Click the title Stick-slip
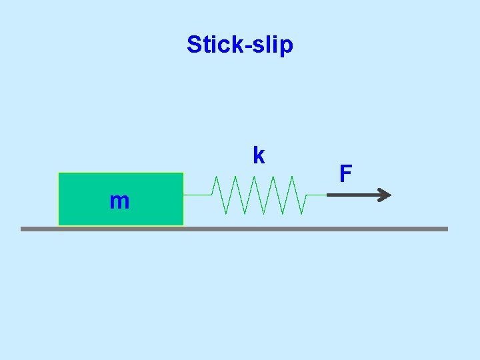[x=240, y=45]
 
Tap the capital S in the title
[x=194, y=45]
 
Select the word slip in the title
[x=273, y=45]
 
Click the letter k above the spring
[x=259, y=155]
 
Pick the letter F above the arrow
[x=345, y=174]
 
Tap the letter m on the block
[x=119, y=201]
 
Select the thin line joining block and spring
[x=197, y=195]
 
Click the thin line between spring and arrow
[x=316, y=195]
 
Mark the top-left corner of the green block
[x=59, y=173]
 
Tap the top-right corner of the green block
[x=183, y=173]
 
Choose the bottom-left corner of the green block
[x=59, y=225]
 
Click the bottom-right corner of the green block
[x=183, y=225]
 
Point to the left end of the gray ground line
[x=22, y=229]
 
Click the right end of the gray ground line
[x=447, y=229]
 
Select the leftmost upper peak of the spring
[x=216, y=177]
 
